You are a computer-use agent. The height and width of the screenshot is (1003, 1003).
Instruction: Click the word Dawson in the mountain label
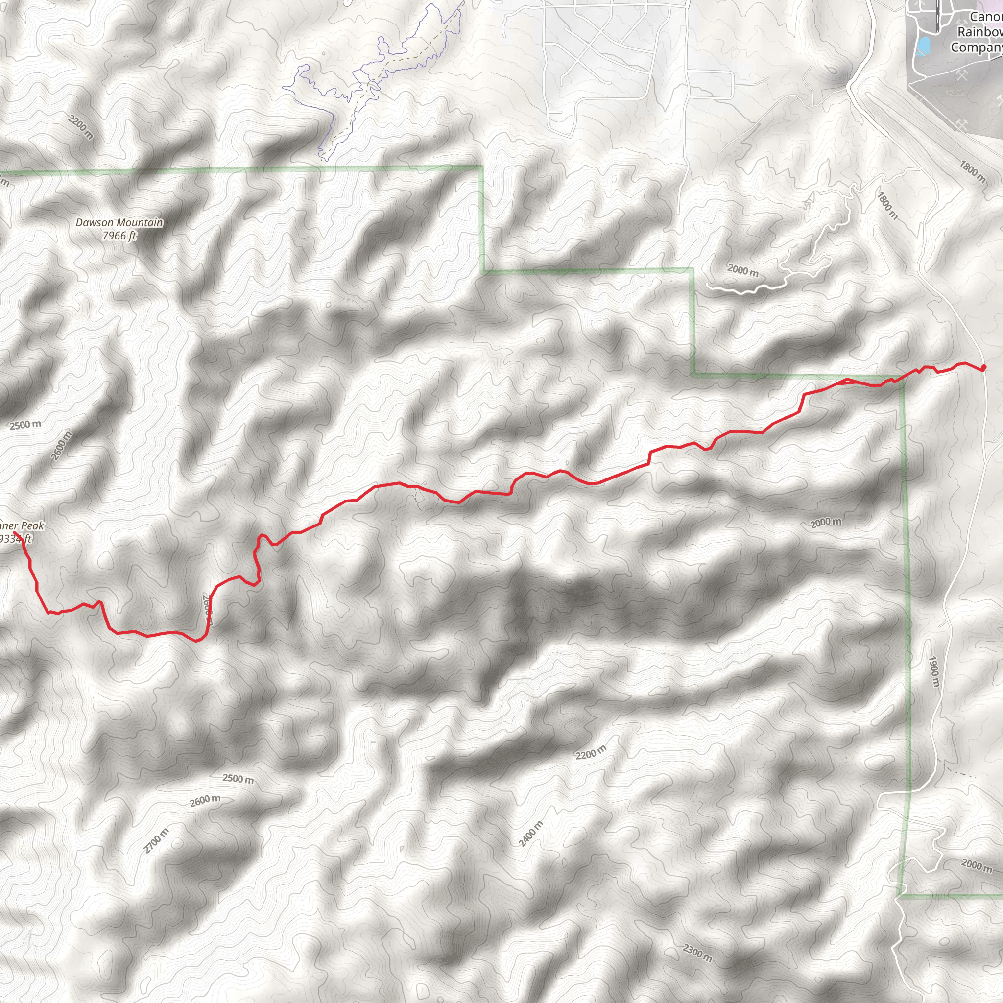[x=94, y=223]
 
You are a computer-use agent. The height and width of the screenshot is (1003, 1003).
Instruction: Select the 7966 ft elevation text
[x=119, y=236]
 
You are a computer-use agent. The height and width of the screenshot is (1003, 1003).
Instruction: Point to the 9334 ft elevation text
[x=16, y=539]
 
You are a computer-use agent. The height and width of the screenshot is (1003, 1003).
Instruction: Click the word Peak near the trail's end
[x=33, y=526]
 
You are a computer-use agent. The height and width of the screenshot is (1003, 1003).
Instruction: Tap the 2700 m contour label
[x=156, y=840]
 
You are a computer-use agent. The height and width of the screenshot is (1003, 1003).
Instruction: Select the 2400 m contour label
[x=530, y=834]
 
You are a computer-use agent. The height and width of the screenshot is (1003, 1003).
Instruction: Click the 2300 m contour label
[x=697, y=952]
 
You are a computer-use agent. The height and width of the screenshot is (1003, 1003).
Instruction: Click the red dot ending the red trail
[x=983, y=368]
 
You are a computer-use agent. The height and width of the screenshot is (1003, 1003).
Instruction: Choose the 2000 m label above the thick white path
[x=742, y=270]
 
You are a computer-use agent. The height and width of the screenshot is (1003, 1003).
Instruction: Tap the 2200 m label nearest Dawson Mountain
[x=80, y=127]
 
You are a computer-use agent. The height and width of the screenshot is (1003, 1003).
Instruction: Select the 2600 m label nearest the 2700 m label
[x=205, y=801]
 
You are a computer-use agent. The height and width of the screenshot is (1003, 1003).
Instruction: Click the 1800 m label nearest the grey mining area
[x=972, y=172]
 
